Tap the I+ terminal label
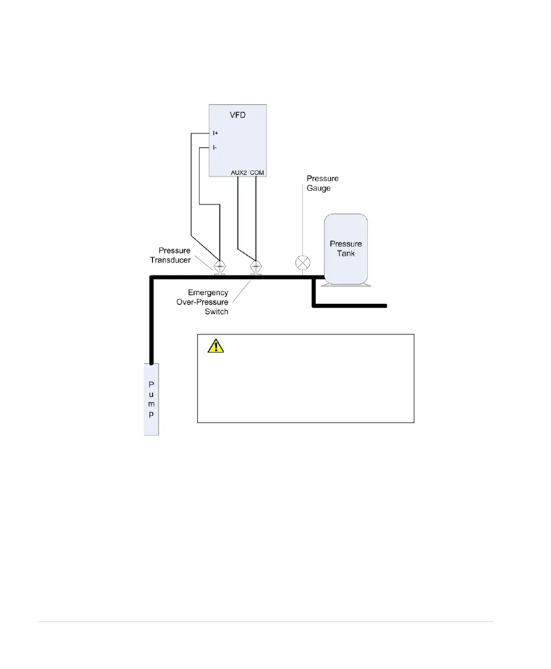pyautogui.click(x=216, y=133)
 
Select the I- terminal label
pyautogui.click(x=215, y=148)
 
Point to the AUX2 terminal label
pyautogui.click(x=239, y=173)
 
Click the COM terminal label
pyautogui.click(x=257, y=173)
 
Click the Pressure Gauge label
pyautogui.click(x=322, y=183)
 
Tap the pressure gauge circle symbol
pyautogui.click(x=302, y=263)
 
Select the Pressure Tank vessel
pyautogui.click(x=345, y=249)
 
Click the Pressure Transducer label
pyautogui.click(x=171, y=255)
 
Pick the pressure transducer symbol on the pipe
pyautogui.click(x=220, y=266)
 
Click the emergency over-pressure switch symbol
pyautogui.click(x=255, y=266)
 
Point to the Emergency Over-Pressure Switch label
pyautogui.click(x=208, y=302)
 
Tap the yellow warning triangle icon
pyautogui.click(x=216, y=345)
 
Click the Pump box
pyautogui.click(x=151, y=399)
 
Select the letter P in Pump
pyautogui.click(x=151, y=374)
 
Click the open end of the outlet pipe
pyautogui.click(x=386, y=305)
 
